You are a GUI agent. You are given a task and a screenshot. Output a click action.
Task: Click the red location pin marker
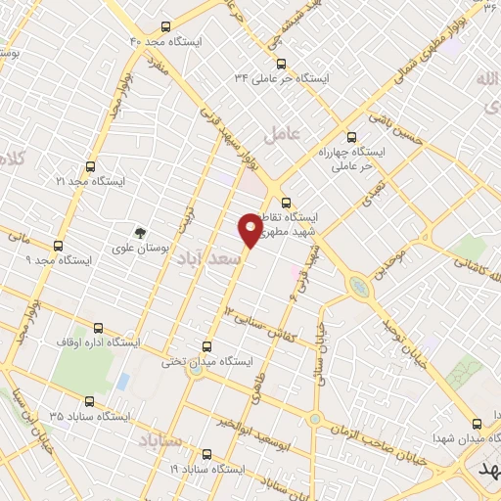click(250, 231)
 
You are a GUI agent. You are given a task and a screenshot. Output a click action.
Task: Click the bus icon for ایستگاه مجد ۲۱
click(90, 166)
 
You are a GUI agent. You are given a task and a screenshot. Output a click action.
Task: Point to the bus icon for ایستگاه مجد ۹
click(58, 246)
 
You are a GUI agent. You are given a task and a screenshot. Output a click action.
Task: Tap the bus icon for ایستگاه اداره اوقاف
click(96, 328)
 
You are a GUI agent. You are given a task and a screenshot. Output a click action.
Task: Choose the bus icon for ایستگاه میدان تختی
click(205, 345)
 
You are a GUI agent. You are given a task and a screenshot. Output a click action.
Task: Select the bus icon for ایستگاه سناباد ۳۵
click(90, 401)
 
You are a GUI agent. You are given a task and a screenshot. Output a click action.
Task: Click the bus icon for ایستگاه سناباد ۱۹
click(205, 454)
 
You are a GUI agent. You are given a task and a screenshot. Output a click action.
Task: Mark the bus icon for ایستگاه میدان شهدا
click(477, 424)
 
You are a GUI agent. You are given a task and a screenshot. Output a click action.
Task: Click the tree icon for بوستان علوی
click(141, 233)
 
